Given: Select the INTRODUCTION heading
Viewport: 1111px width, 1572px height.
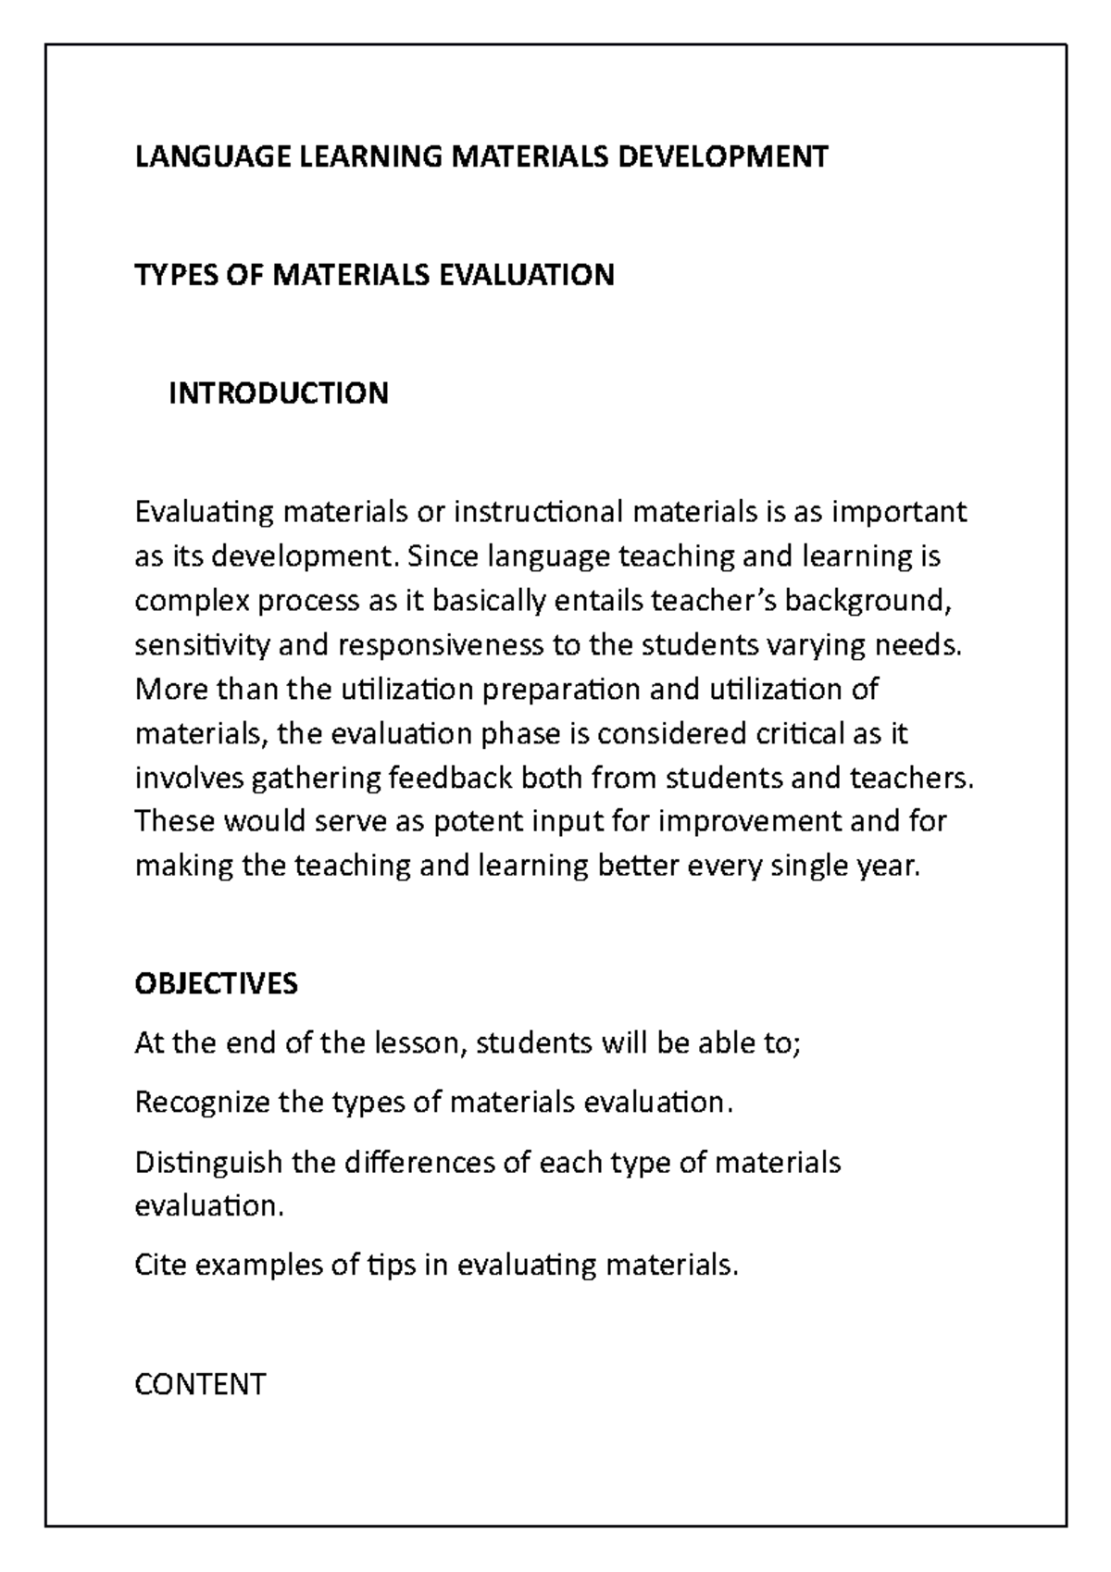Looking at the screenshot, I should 278,393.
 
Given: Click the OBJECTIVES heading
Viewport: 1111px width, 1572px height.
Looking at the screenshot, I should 216,983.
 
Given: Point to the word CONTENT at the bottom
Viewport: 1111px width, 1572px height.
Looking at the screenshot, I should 200,1384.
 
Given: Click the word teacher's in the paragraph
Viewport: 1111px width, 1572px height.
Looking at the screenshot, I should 715,601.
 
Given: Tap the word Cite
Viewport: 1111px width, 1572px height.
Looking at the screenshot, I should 158,1265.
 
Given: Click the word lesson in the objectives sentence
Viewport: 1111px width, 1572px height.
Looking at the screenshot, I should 416,1043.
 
